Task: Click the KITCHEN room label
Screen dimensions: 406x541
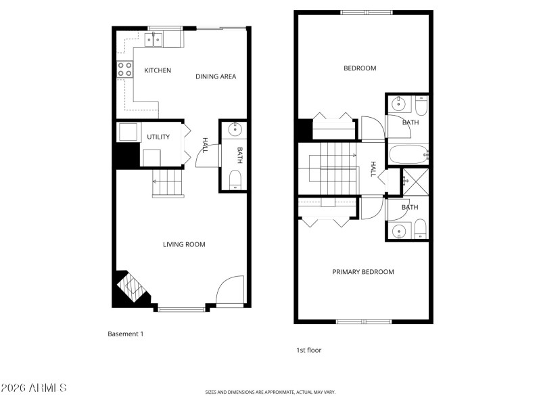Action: (158, 70)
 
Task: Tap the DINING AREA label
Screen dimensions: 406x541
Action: (216, 76)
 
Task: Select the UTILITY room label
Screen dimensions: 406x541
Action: (158, 137)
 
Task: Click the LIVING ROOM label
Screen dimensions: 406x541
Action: (184, 244)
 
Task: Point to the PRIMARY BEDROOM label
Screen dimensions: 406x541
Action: (362, 272)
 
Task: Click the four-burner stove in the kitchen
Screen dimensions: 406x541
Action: (125, 68)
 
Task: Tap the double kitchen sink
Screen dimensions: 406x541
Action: (153, 40)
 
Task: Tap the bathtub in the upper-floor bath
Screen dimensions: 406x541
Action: (408, 154)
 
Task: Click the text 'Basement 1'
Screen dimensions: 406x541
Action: (126, 334)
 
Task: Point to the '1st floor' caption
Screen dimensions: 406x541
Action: (308, 350)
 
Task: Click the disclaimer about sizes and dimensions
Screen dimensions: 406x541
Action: (270, 392)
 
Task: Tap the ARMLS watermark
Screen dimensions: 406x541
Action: (34, 388)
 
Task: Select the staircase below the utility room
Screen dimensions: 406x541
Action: (168, 183)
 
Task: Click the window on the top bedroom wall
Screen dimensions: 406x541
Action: (366, 12)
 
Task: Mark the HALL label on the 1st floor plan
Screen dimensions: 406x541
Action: (373, 168)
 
